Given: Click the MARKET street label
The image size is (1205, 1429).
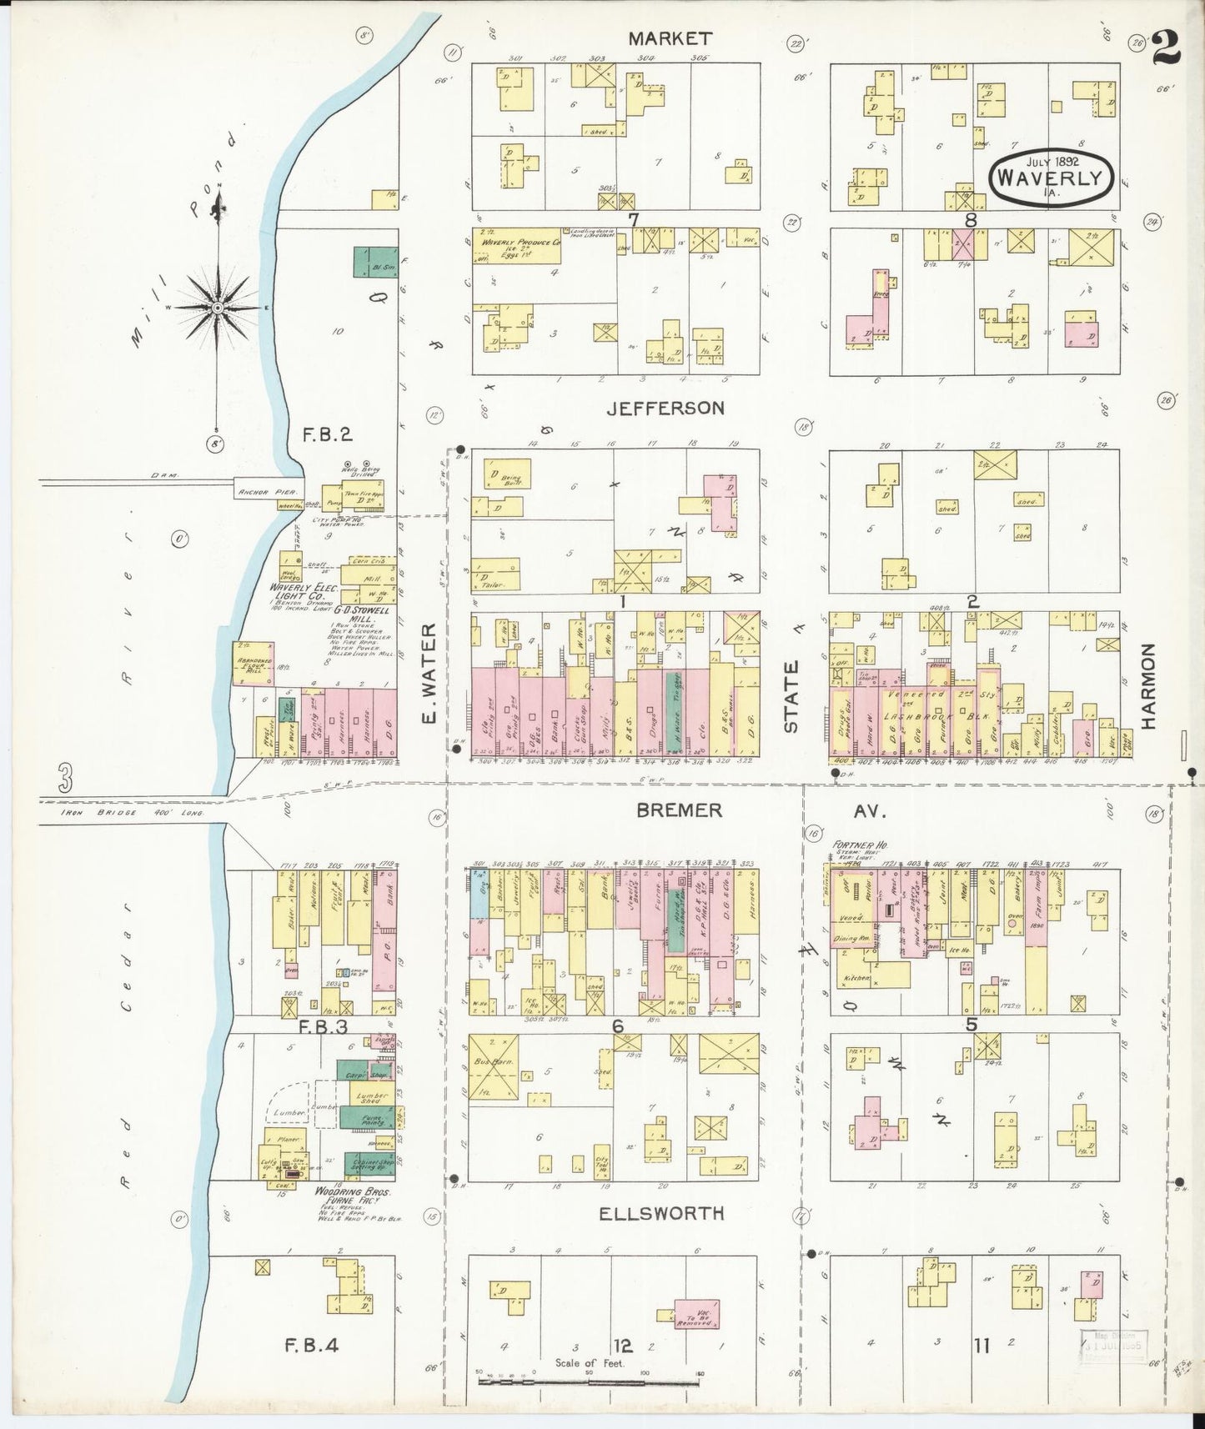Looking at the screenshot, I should tap(670, 38).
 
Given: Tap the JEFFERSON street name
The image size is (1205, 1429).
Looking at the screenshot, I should tap(665, 408).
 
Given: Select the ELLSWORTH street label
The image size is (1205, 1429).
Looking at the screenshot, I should tap(661, 1213).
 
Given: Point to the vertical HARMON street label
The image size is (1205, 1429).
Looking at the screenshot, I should tap(1149, 686).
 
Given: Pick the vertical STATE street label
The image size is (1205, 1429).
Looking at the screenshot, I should tap(791, 696).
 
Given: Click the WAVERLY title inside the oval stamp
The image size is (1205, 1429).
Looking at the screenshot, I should tap(1053, 178).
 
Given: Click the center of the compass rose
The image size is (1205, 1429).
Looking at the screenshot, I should tap(218, 308).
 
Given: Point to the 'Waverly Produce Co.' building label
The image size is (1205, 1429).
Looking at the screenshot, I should tap(520, 243).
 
